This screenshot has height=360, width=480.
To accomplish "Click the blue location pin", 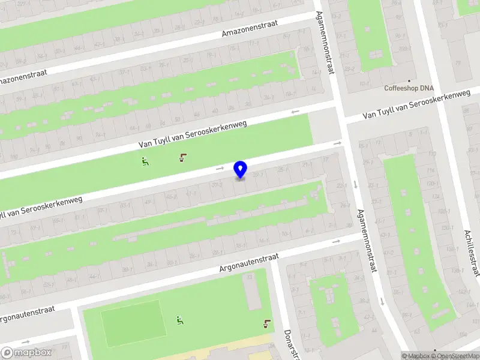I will pyautogui.click(x=240, y=169).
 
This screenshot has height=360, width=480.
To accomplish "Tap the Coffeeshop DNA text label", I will pyautogui.click(x=409, y=88).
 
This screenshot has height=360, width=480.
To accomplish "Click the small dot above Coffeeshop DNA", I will pyautogui.click(x=409, y=80).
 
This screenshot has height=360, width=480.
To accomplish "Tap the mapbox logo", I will pyautogui.click(x=26, y=353).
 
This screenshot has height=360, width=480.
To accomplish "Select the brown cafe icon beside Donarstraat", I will pyautogui.click(x=266, y=325).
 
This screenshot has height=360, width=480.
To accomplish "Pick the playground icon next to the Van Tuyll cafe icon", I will pyautogui.click(x=145, y=161).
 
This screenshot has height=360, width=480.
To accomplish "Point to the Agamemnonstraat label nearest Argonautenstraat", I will pyautogui.click(x=366, y=240).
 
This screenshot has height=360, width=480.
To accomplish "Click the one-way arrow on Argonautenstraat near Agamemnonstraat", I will pyautogui.click(x=336, y=241).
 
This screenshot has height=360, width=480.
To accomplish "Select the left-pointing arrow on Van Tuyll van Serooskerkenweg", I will pyautogui.click(x=295, y=112).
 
